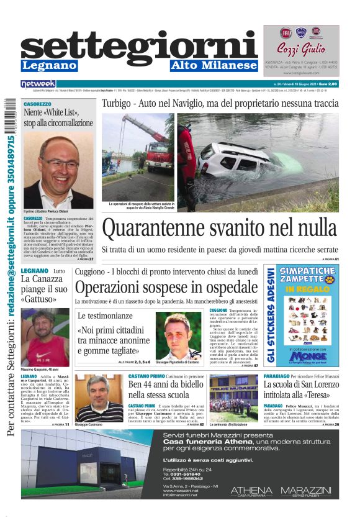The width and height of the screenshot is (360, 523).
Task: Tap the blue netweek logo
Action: pyautogui.click(x=38, y=83)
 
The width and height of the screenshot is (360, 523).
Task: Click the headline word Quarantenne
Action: pyautogui.click(x=147, y=229)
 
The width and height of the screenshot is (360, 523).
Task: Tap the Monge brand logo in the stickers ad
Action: pyautogui.click(x=309, y=357)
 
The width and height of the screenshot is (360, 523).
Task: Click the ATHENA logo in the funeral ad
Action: pyautogui.click(x=251, y=490)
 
